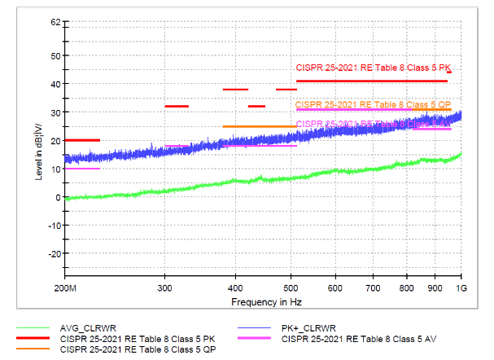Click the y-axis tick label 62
55,22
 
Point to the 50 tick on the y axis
55,55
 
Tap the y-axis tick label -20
54,253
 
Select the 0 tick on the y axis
58,197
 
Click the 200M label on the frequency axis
65,289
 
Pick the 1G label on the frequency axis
461,289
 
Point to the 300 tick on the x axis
165,289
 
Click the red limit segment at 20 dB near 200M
82,140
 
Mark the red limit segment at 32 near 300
177,106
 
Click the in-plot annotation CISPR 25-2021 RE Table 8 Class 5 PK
374,68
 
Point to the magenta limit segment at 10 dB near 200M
82,169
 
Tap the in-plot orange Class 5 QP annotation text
373,105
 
